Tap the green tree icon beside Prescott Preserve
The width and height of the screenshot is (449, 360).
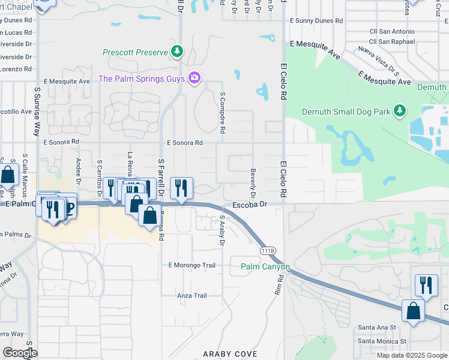pos(176,52)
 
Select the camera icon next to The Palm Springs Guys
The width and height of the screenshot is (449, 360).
pos(194,78)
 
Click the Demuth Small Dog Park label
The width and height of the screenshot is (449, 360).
pos(345,111)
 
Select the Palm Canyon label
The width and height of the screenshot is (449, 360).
pos(265,266)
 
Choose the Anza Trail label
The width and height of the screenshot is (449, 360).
pos(191,295)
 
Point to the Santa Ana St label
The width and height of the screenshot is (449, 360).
pos(377,327)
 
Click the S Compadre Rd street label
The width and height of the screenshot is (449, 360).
pos(222,112)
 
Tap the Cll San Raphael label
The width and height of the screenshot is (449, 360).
pos(392,41)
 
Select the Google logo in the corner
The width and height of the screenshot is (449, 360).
pos(20,353)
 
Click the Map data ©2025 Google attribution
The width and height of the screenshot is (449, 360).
pos(411,355)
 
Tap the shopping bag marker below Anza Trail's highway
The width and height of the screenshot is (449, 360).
pos(413,311)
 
